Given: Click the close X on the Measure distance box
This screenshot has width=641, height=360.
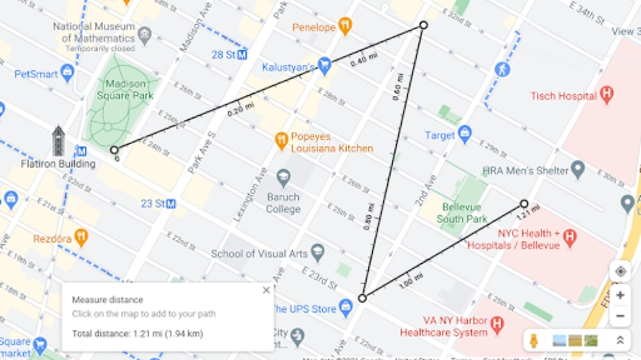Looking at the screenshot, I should (x=266, y=290).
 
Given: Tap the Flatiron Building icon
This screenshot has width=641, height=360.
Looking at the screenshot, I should (x=58, y=141).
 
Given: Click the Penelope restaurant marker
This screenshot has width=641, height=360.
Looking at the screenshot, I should (x=344, y=27).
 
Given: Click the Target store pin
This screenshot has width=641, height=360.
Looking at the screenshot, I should (x=465, y=134).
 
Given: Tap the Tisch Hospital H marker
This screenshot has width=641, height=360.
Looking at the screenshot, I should (x=607, y=95).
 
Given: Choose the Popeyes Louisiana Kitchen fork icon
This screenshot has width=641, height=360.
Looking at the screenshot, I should (x=281, y=141).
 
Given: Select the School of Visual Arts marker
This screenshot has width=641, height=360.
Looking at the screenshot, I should (x=317, y=254).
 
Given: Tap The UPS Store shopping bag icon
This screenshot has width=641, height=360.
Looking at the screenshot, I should (x=345, y=308).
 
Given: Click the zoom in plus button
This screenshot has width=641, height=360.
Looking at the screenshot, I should (x=620, y=295).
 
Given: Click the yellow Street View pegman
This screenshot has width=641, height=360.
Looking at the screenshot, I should (x=535, y=340).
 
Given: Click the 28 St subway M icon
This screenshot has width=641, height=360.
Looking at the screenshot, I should (x=242, y=55).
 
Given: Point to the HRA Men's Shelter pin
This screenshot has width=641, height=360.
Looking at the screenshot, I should (x=578, y=170).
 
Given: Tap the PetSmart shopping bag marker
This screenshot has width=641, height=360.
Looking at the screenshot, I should (x=67, y=74).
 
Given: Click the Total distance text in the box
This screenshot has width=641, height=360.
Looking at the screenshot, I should (x=138, y=333).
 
